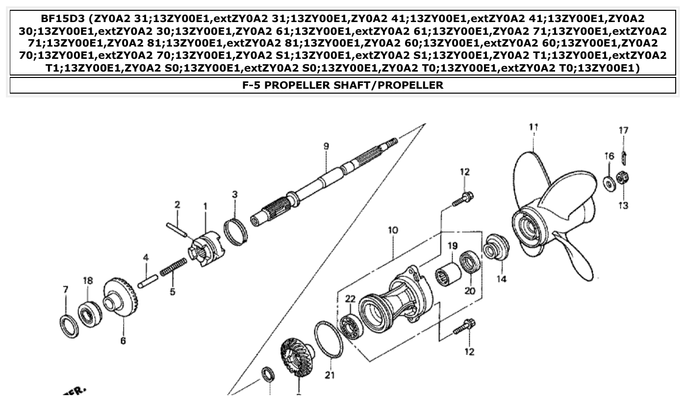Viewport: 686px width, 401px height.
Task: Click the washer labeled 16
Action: pos(610,184)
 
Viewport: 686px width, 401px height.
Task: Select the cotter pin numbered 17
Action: pos(624,158)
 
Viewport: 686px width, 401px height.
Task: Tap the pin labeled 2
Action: pos(177,230)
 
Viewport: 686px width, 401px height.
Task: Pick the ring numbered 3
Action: pos(235,230)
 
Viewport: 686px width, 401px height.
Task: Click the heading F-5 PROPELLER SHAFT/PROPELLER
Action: pos(343,85)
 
